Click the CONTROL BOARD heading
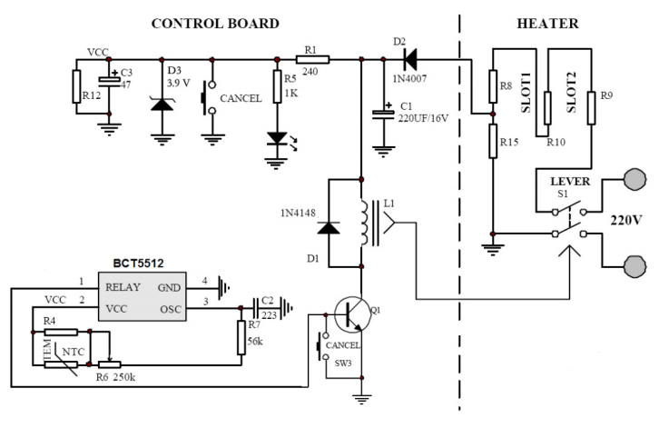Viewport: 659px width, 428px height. coord(214,23)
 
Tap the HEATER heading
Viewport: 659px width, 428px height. coord(546,23)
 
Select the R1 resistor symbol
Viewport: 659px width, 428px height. coord(313,59)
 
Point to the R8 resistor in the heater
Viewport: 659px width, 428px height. coord(492,88)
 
